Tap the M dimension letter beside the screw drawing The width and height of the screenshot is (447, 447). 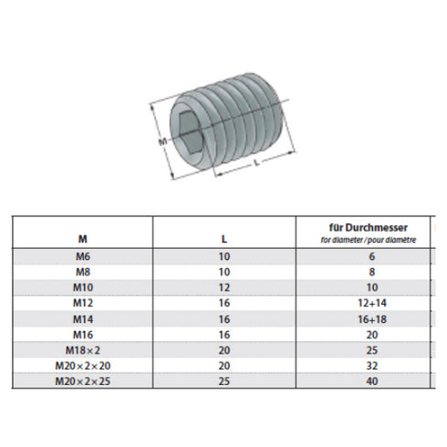pos(159,142)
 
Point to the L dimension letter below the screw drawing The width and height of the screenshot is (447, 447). pos(258,161)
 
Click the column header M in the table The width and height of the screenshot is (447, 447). pos(83,239)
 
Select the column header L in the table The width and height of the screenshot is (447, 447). pos(223,239)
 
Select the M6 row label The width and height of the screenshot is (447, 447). pos(83,258)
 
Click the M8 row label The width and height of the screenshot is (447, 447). pos(83,272)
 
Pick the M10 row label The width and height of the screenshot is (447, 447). pos(83,286)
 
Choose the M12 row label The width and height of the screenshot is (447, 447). pos(83,301)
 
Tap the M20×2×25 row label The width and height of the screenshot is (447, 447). pos(83,379)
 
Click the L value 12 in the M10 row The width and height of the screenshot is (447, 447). pos(223,286)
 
